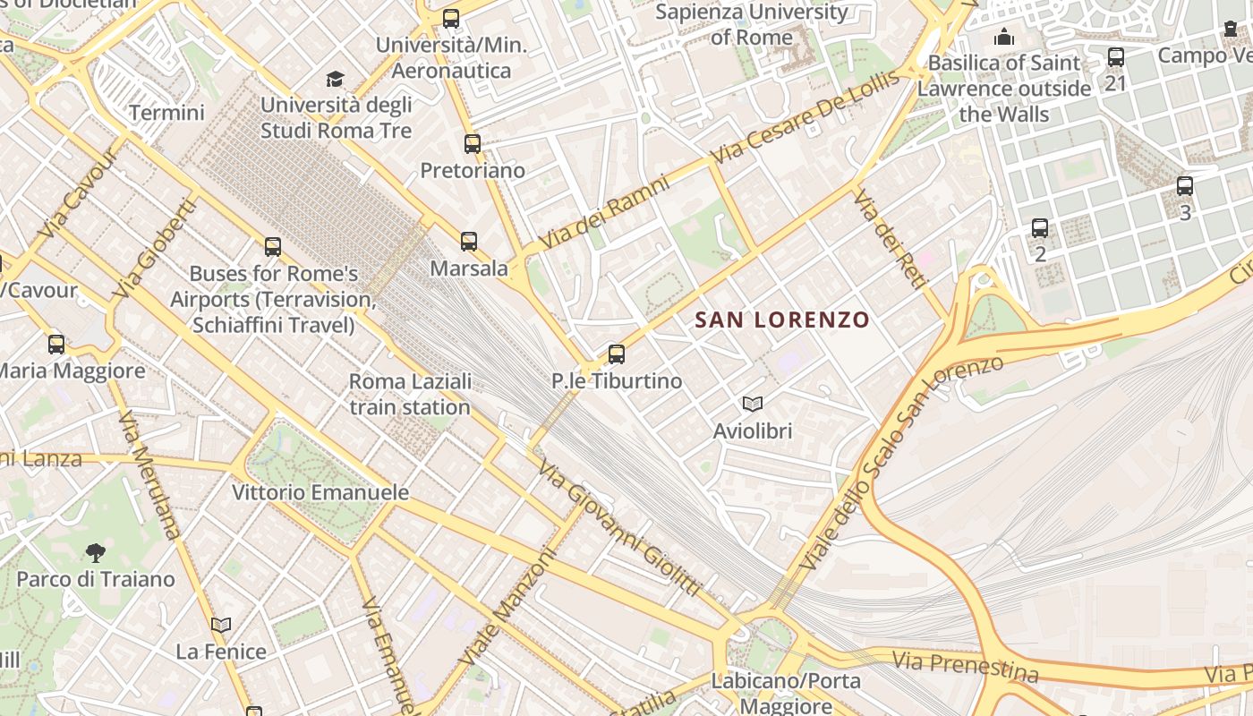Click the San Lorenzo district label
(x=782, y=320)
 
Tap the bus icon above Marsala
(x=469, y=241)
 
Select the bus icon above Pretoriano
(x=473, y=143)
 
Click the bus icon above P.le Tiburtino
(x=616, y=354)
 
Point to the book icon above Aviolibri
(x=753, y=405)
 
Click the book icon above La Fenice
(x=221, y=625)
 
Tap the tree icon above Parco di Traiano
(x=95, y=552)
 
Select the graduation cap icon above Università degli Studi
(x=336, y=79)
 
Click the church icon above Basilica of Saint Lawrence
(x=1004, y=37)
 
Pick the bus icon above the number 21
(x=1115, y=57)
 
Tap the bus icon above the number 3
(x=1185, y=186)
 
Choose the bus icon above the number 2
(x=1040, y=228)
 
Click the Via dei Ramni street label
(x=605, y=212)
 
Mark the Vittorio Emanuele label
(x=320, y=492)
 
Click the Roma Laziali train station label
(x=410, y=394)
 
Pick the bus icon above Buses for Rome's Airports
(x=273, y=246)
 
